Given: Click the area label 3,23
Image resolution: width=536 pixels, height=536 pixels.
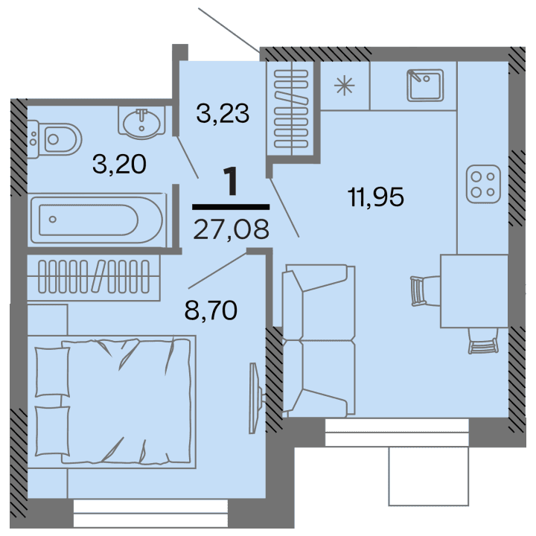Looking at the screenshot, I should pyautogui.click(x=222, y=113).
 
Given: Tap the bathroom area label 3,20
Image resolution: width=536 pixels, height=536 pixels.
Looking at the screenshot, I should pyautogui.click(x=118, y=164).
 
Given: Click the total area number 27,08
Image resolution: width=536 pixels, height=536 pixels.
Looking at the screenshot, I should pyautogui.click(x=230, y=225).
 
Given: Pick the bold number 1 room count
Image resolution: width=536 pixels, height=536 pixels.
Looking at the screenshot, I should pyautogui.click(x=232, y=182).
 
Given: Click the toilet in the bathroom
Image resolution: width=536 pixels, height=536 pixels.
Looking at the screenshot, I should pyautogui.click(x=55, y=138).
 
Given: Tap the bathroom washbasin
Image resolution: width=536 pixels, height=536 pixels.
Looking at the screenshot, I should pyautogui.click(x=141, y=121).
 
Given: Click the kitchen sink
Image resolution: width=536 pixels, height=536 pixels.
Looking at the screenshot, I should pyautogui.click(x=425, y=84).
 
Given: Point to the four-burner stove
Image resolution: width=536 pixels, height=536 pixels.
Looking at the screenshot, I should pyautogui.click(x=482, y=185).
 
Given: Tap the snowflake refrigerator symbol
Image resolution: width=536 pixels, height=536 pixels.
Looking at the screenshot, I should pyautogui.click(x=344, y=84).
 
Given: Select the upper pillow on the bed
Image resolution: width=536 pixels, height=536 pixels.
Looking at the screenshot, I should pyautogui.click(x=51, y=371).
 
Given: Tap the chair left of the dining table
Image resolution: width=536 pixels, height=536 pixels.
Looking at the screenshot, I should pyautogui.click(x=419, y=290).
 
